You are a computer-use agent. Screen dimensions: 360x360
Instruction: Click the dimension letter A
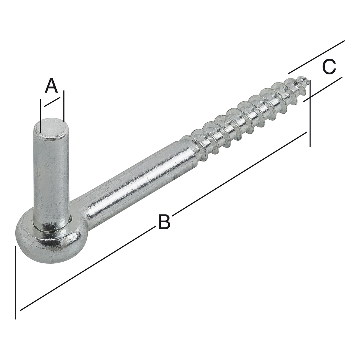click(51, 85)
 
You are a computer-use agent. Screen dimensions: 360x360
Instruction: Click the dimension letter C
click(329, 66)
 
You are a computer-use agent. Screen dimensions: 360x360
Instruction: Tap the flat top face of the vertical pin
click(51, 128)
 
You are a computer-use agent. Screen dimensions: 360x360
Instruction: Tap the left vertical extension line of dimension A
click(40, 116)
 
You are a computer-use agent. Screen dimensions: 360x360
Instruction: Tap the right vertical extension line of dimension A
click(64, 106)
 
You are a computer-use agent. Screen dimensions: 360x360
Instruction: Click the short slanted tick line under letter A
click(52, 102)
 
